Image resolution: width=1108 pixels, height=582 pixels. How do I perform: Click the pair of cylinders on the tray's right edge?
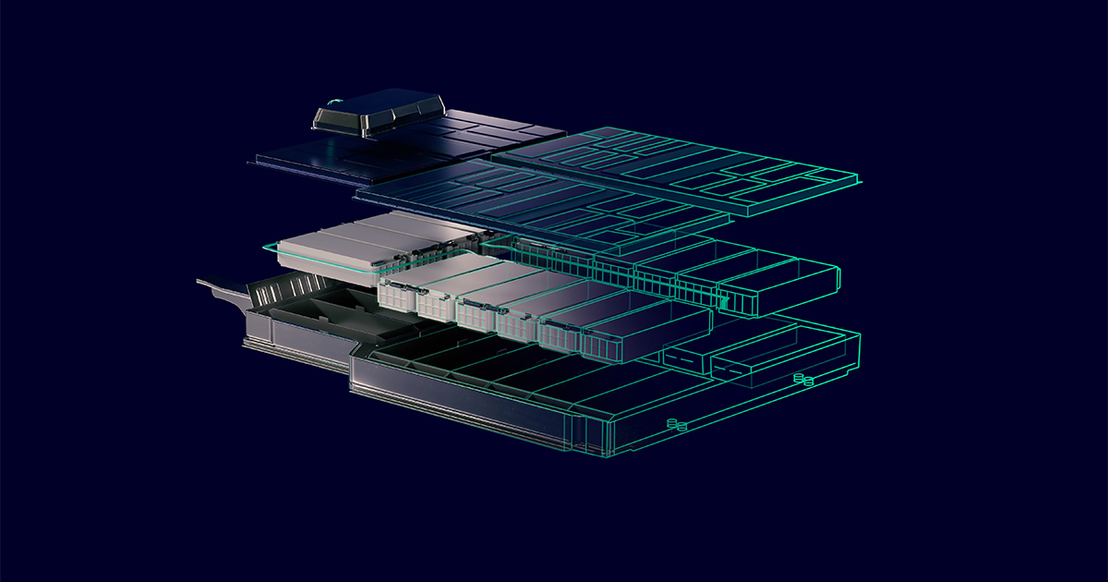(x=803, y=380)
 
